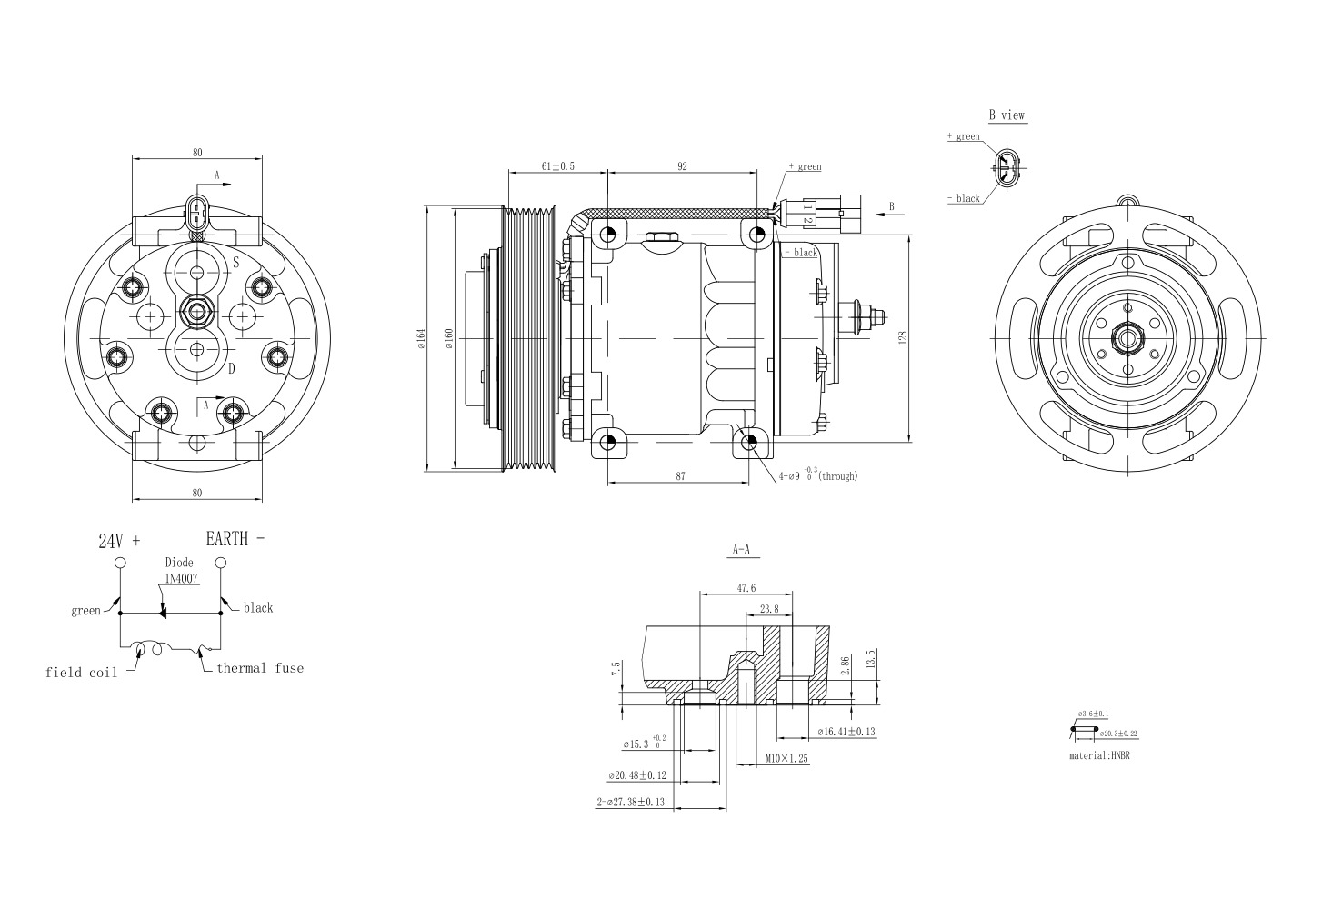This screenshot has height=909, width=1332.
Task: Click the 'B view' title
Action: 1007,115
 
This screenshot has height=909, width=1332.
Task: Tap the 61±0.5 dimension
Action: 557,166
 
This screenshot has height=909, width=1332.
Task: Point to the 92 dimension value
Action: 682,166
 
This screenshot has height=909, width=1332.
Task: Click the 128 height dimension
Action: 901,336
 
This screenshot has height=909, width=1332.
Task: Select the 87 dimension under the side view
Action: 680,475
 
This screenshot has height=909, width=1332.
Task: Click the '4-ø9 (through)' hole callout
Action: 817,475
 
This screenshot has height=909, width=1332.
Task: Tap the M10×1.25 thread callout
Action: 786,757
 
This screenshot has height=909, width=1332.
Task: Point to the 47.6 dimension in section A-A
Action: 746,588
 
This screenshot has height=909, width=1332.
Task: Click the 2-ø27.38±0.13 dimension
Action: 630,802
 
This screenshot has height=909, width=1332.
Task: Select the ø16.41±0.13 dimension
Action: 846,731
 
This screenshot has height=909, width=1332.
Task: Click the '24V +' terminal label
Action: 119,540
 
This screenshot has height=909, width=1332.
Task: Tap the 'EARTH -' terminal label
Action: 235,538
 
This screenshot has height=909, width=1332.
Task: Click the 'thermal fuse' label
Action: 260,668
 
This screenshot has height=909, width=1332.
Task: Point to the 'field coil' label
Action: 81,673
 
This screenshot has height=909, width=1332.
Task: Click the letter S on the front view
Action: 235,263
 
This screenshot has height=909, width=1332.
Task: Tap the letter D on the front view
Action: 232,368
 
